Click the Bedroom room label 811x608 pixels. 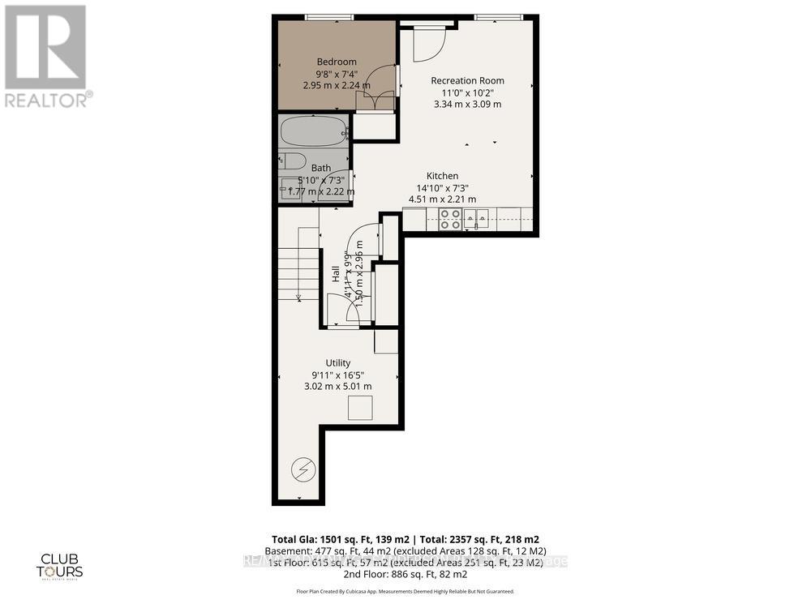[x=336, y=62]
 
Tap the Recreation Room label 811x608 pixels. [x=467, y=80]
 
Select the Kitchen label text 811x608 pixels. [x=443, y=176]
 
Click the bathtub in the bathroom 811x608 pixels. [x=313, y=131]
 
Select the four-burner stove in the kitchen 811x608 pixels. [x=451, y=219]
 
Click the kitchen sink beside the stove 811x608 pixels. [x=481, y=218]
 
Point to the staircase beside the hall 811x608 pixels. [x=298, y=263]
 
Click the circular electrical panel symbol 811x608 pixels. [x=303, y=469]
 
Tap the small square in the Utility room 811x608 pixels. [x=360, y=408]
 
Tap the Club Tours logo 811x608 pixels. [x=62, y=563]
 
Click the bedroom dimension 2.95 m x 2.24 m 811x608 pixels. [x=337, y=85]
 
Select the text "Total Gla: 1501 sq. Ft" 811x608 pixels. [x=331, y=539]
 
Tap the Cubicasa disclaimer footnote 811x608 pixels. [x=405, y=592]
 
